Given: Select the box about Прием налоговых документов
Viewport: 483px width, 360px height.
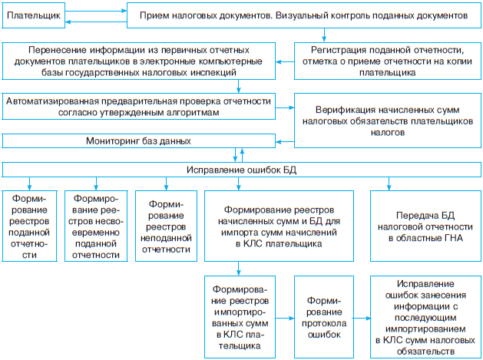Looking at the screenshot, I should [303, 14].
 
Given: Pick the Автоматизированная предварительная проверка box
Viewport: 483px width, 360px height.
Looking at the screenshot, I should [137, 106].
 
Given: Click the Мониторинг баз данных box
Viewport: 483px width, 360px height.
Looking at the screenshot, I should [137, 141].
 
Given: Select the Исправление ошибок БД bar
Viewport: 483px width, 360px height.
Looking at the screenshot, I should [241, 169].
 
